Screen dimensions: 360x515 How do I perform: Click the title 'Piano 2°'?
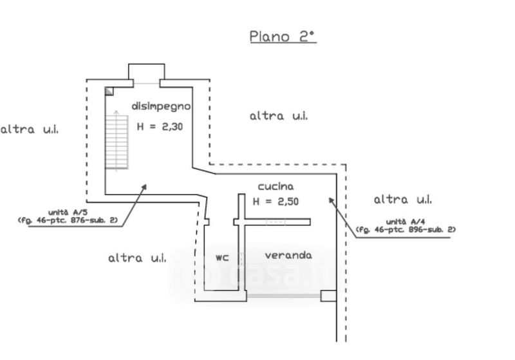[283, 36]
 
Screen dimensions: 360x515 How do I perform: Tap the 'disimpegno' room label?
[161, 106]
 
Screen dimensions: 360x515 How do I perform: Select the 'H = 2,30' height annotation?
[160, 127]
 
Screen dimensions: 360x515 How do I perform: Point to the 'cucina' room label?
[276, 186]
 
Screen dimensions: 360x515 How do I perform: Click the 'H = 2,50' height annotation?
[276, 202]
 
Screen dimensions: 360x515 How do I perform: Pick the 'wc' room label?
[223, 258]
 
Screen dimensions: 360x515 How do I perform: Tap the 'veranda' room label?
[288, 255]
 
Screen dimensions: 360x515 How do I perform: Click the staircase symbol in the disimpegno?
[116, 141]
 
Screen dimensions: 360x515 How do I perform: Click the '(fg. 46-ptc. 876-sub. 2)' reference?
[67, 220]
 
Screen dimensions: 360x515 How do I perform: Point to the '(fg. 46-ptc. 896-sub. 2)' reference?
[406, 229]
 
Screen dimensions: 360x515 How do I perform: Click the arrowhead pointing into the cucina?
[332, 200]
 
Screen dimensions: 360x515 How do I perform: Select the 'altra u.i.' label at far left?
[29, 129]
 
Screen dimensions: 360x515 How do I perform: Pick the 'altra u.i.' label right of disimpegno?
[278, 116]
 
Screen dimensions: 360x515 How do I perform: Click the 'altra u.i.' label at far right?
[403, 199]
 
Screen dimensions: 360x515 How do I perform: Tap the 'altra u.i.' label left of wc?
[137, 258]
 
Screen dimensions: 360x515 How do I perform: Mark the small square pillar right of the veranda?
[328, 296]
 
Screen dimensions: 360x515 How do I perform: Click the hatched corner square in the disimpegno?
[109, 91]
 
